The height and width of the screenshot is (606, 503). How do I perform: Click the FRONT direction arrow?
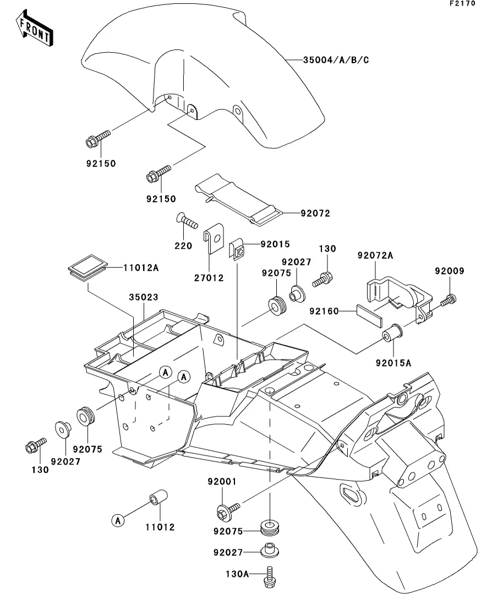tap(34, 30)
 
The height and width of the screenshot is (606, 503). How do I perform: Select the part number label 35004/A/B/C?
tap(336, 59)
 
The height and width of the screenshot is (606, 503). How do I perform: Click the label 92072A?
tap(375, 256)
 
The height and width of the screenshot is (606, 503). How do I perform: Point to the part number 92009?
tap(450, 271)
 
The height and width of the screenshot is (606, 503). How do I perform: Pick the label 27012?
tap(209, 277)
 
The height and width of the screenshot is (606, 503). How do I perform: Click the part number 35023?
tap(144, 297)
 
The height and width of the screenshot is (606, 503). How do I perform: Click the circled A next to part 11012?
tap(117, 520)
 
